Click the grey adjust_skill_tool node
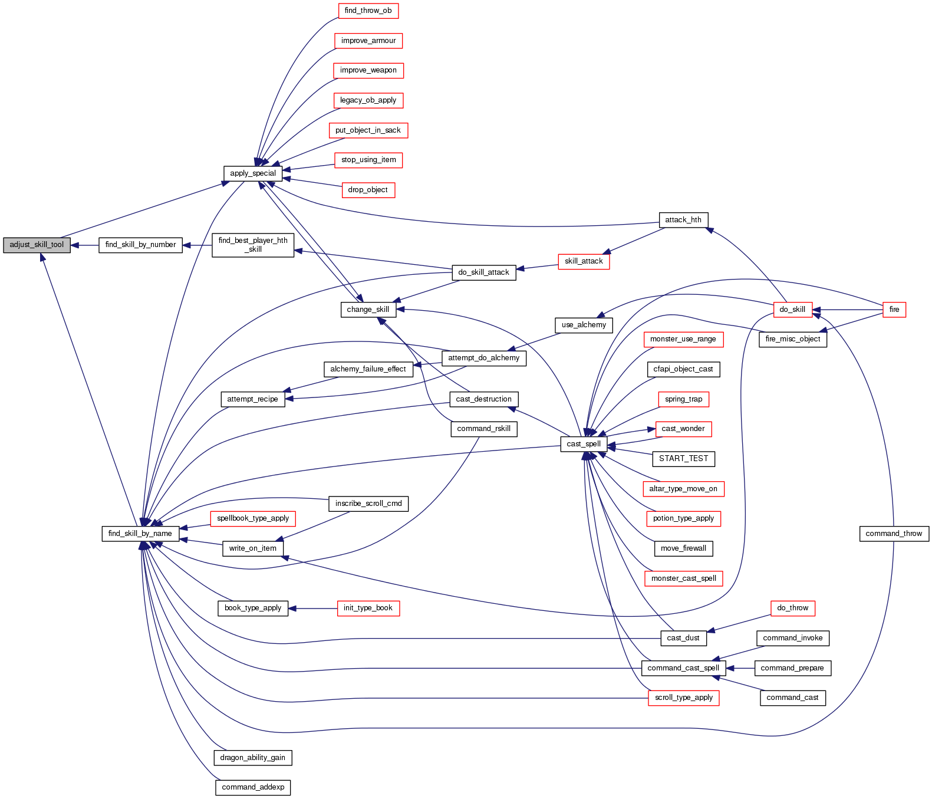37,245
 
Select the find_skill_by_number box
140,245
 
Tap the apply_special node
252,173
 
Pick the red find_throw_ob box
368,11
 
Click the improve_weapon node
368,70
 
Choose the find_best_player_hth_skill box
252,245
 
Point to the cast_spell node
584,444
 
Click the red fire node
894,310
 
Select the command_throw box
894,534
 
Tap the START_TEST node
683,459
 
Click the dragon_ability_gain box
252,758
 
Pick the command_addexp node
252,787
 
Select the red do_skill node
792,310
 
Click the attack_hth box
683,220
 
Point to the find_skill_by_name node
140,534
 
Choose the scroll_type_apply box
683,698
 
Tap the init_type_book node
368,608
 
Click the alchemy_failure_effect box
368,369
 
